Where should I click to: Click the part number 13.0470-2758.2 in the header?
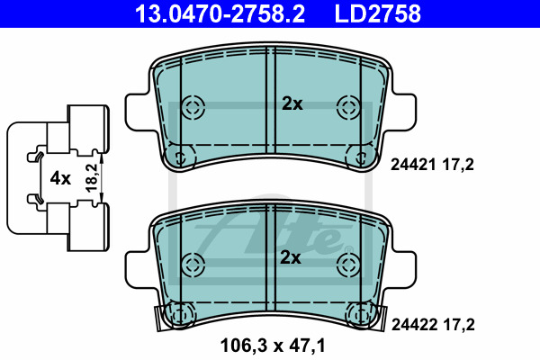[220, 13]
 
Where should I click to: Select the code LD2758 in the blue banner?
[377, 13]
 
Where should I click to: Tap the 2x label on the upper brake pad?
[292, 103]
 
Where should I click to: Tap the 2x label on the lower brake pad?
[291, 257]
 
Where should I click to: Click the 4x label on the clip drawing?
[60, 178]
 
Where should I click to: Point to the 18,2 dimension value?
[92, 178]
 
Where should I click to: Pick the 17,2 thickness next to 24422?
[459, 325]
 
